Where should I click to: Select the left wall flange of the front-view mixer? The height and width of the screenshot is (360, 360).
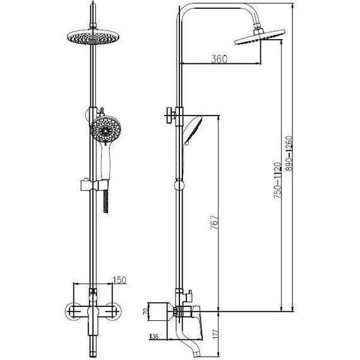(x=71, y=313)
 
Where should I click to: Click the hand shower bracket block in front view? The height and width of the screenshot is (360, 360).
(x=86, y=185)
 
